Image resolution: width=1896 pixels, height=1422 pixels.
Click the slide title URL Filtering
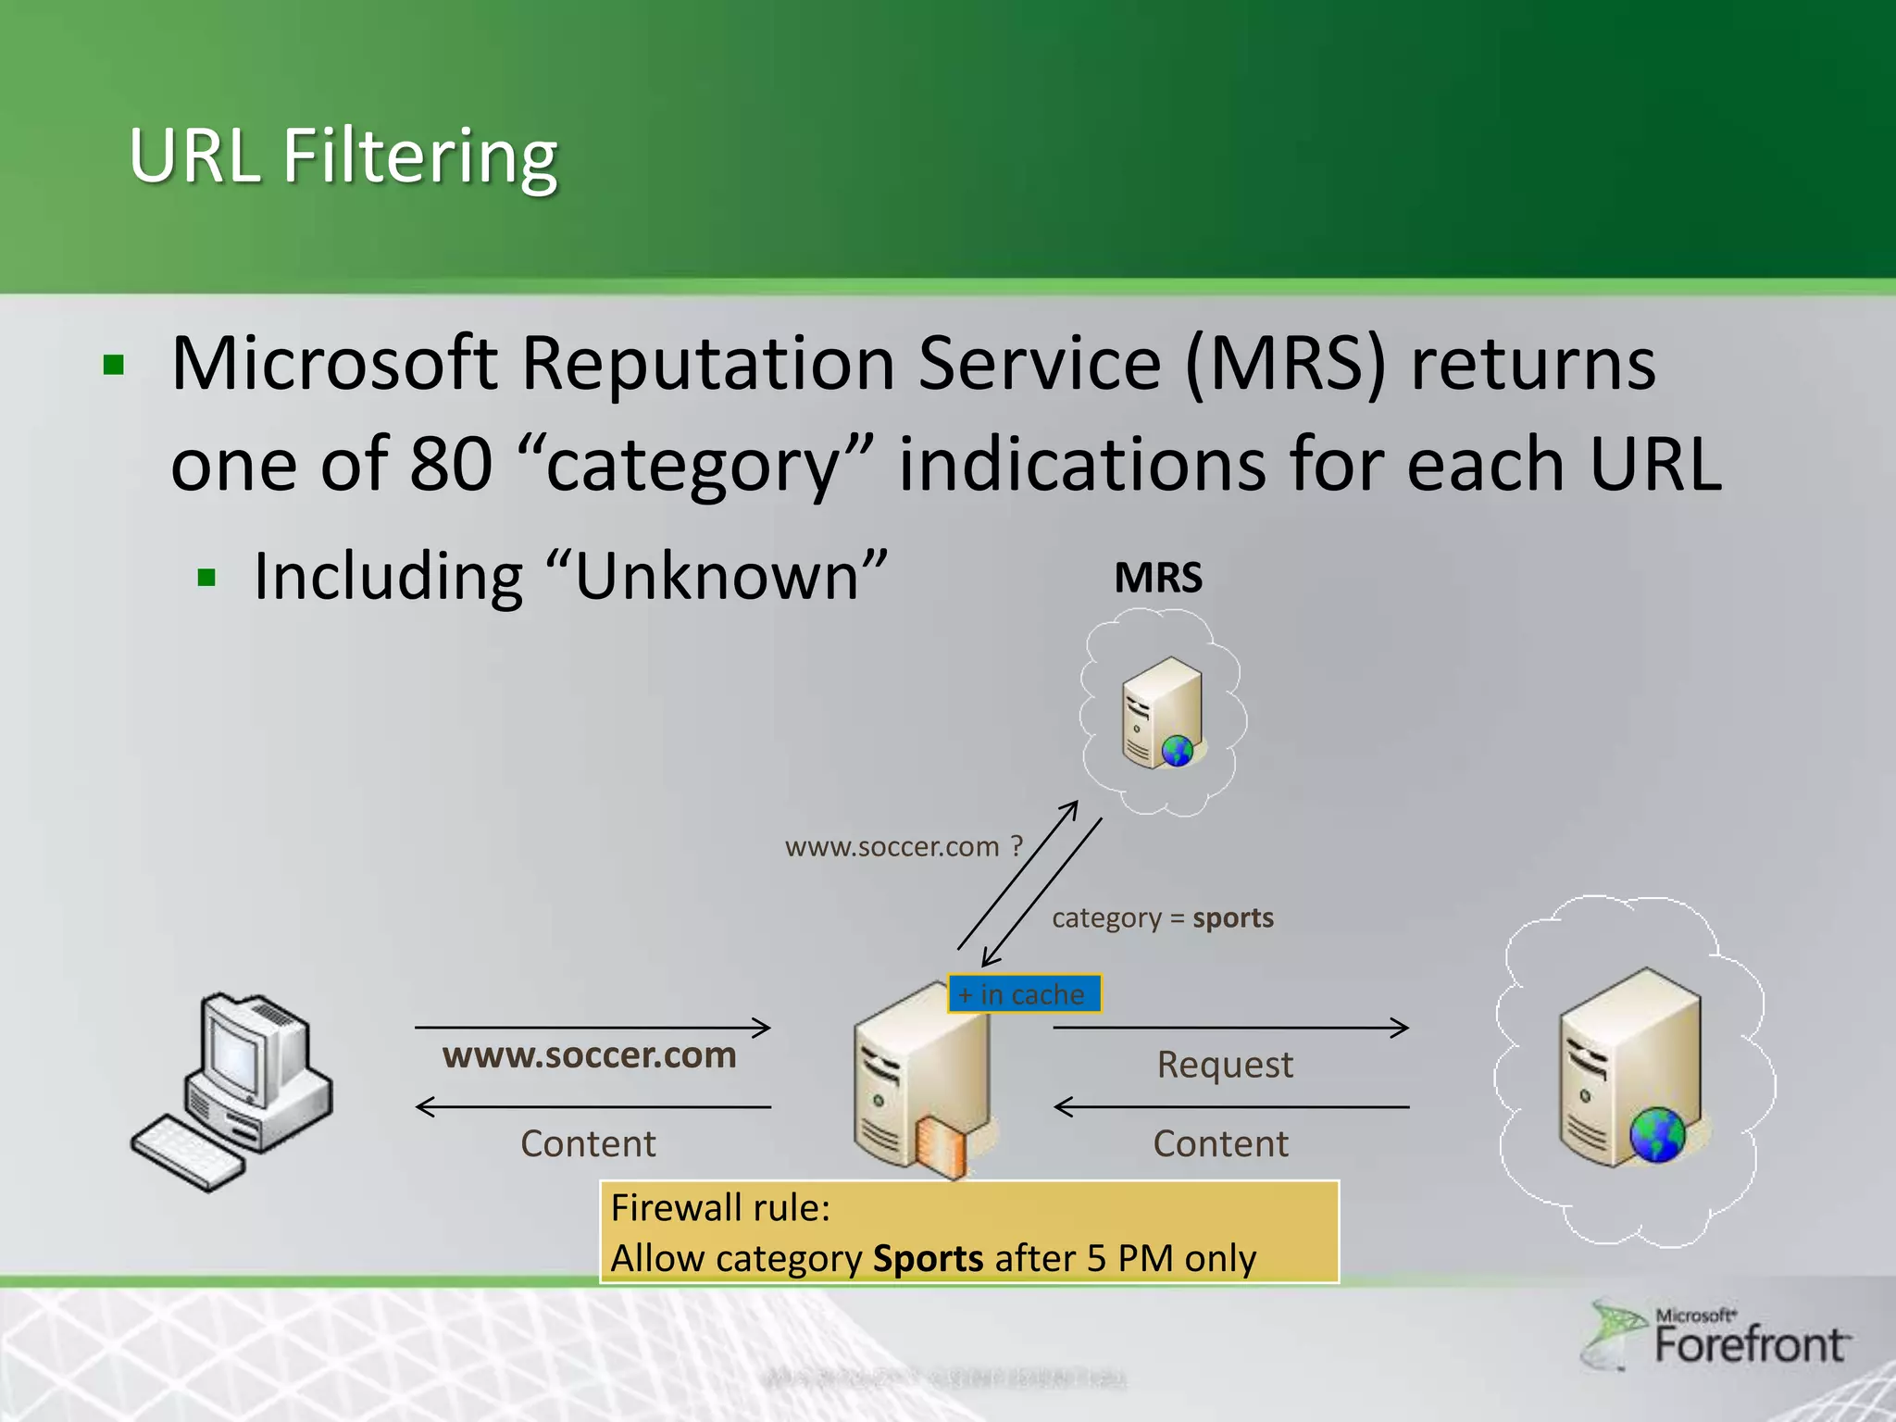pyautogui.click(x=343, y=156)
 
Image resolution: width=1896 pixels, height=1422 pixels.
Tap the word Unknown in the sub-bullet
pyautogui.click(x=717, y=577)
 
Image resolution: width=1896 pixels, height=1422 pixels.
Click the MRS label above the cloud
pyautogui.click(x=1158, y=578)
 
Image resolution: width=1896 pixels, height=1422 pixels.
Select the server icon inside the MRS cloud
pyautogui.click(x=1162, y=713)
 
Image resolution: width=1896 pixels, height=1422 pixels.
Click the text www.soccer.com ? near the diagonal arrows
pyautogui.click(x=903, y=846)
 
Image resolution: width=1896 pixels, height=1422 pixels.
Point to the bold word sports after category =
pyautogui.click(x=1232, y=917)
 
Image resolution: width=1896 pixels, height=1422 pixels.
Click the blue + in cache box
pyautogui.click(x=1024, y=994)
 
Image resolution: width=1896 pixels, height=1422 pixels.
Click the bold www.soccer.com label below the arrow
pyautogui.click(x=589, y=1055)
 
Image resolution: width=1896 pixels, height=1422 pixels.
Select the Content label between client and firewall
pyautogui.click(x=588, y=1143)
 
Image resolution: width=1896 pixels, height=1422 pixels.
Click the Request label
pyautogui.click(x=1224, y=1065)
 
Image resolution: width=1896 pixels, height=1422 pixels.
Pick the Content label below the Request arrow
pyautogui.click(x=1220, y=1143)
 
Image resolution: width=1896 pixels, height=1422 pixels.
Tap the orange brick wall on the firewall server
pyautogui.click(x=941, y=1148)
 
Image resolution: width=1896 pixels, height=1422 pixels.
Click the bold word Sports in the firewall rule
pyautogui.click(x=928, y=1259)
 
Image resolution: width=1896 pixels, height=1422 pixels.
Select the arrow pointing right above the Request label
pyautogui.click(x=1231, y=1027)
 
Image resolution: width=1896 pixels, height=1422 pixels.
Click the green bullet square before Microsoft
pyautogui.click(x=114, y=365)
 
